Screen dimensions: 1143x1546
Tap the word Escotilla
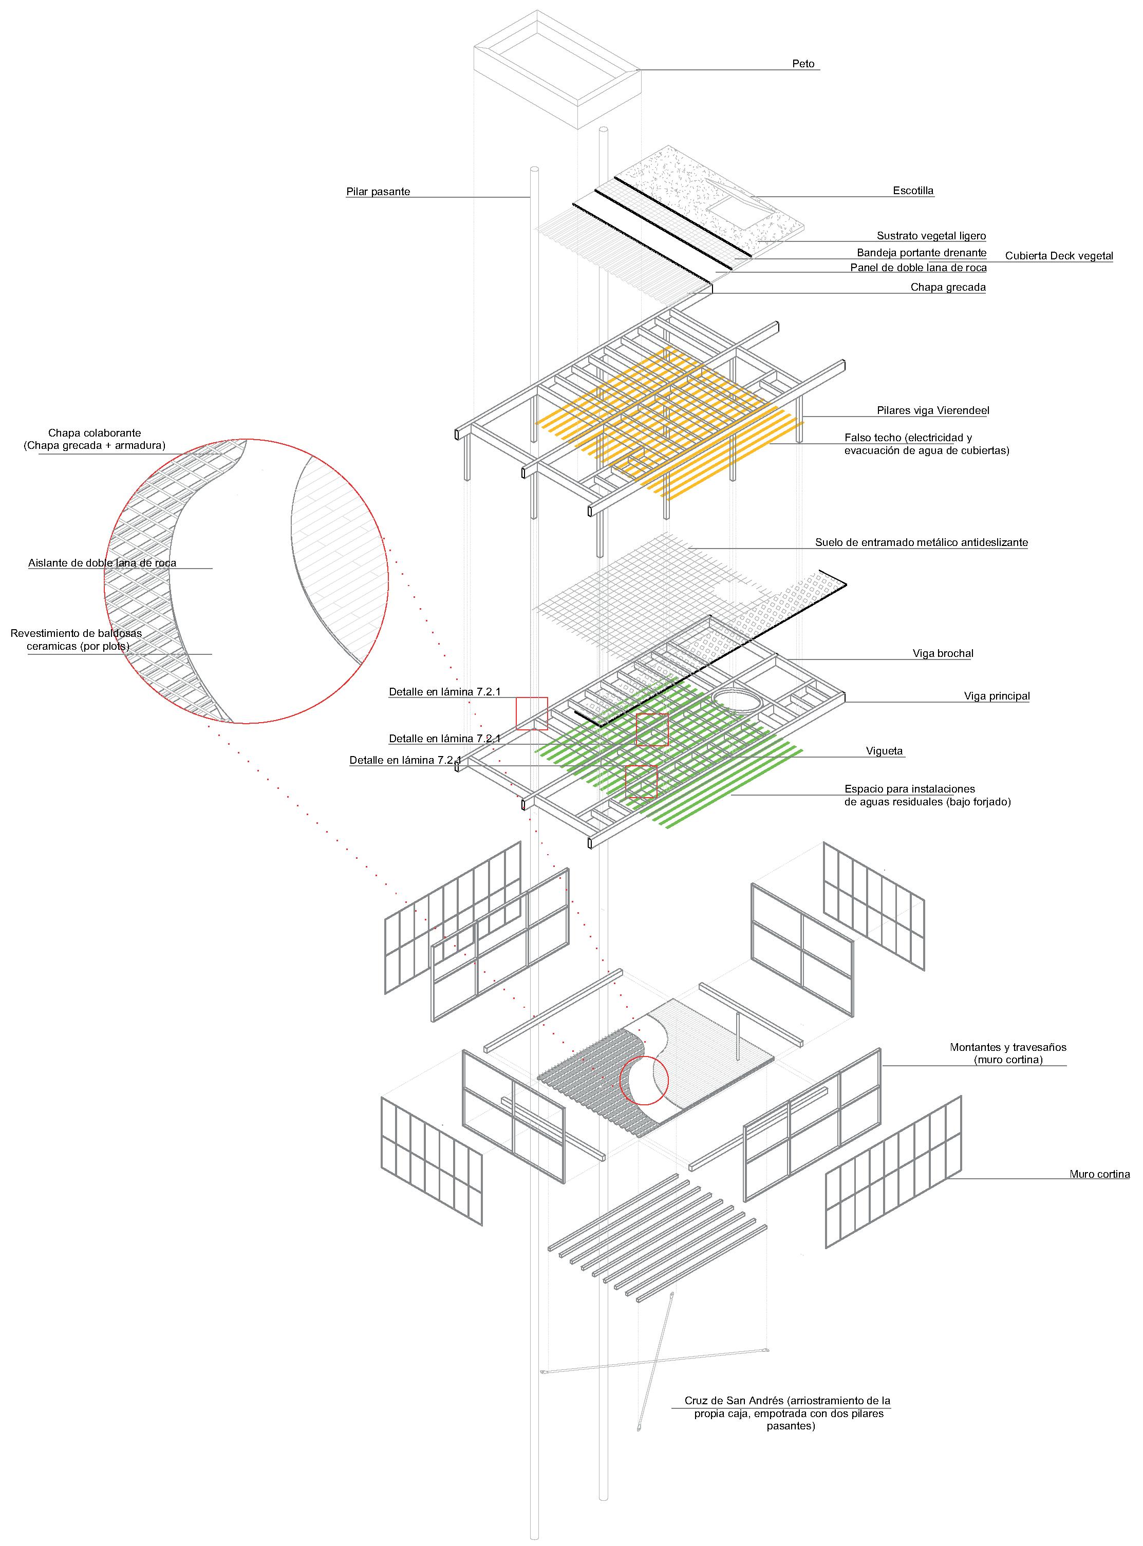click(x=913, y=190)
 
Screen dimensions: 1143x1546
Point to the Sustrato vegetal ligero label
click(x=931, y=236)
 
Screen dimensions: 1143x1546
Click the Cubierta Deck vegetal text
click(x=1059, y=256)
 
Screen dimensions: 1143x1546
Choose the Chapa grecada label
click(x=948, y=287)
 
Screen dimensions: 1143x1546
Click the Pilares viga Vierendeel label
click(x=933, y=410)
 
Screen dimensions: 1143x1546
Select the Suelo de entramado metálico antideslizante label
click(x=921, y=542)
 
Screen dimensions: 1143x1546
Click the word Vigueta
click(x=884, y=750)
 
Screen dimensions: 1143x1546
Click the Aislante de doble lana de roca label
click(x=102, y=563)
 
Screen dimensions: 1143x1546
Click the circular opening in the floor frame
click(x=739, y=701)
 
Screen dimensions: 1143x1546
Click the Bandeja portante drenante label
click(x=922, y=253)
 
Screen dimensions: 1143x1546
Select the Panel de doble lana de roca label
click(x=918, y=268)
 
